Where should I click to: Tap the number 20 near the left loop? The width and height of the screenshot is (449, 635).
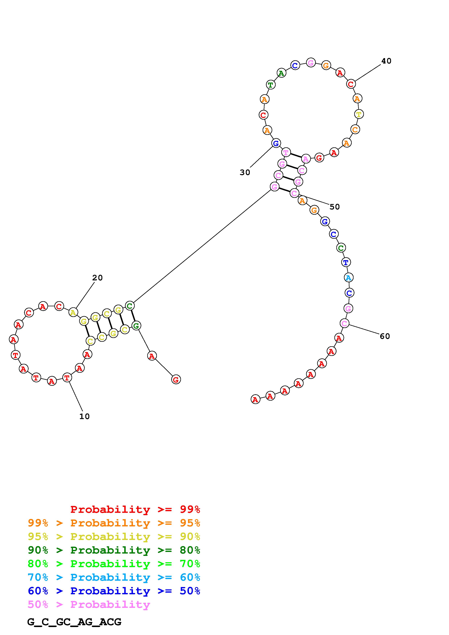[x=97, y=278]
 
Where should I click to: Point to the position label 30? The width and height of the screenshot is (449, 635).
[x=245, y=172]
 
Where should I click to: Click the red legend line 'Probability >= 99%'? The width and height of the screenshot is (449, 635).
[x=135, y=509]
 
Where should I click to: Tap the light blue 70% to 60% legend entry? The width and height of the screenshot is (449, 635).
[x=114, y=577]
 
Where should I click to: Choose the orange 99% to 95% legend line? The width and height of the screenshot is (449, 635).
[x=114, y=523]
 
